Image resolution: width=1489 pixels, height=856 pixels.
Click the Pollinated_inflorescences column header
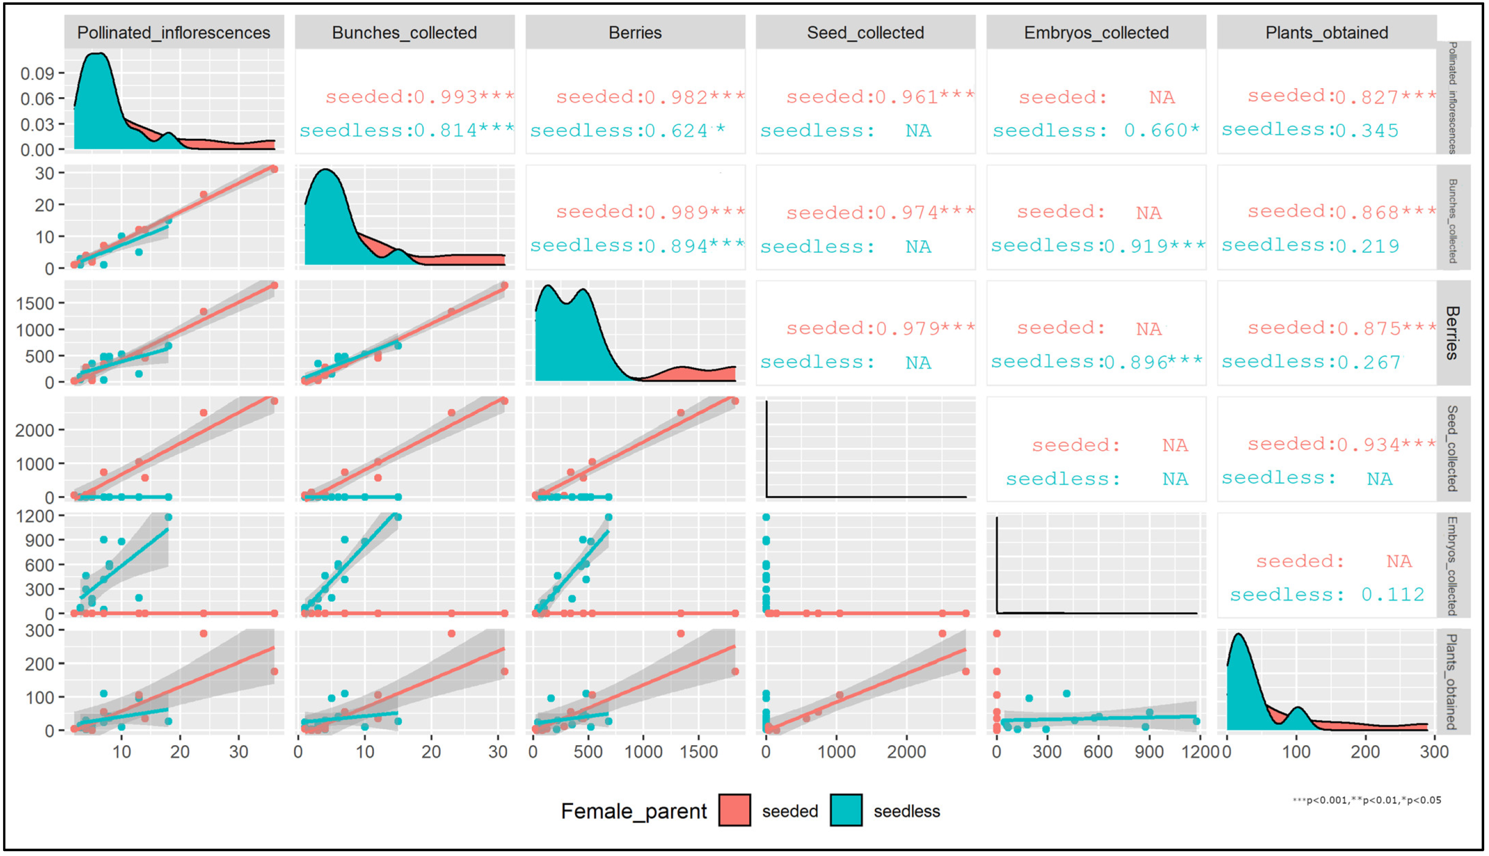(174, 32)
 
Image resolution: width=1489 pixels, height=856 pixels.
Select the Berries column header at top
(635, 32)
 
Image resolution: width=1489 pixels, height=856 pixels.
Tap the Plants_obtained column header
(1326, 32)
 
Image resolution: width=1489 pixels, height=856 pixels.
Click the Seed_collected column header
(865, 32)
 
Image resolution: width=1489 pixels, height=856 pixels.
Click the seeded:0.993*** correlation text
(419, 97)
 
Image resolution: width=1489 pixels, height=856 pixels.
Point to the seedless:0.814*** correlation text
(407, 130)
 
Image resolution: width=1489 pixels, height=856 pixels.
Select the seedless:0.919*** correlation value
(1097, 246)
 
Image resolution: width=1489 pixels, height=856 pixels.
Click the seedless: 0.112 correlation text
(1327, 594)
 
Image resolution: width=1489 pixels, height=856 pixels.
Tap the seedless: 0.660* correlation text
(1096, 130)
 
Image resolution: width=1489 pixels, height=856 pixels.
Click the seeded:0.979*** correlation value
(880, 328)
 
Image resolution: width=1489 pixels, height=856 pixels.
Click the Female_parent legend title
(634, 811)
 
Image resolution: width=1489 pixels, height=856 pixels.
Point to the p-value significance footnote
(1366, 800)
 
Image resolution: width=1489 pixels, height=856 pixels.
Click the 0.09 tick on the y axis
(37, 73)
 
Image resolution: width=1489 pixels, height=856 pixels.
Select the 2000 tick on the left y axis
(35, 430)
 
